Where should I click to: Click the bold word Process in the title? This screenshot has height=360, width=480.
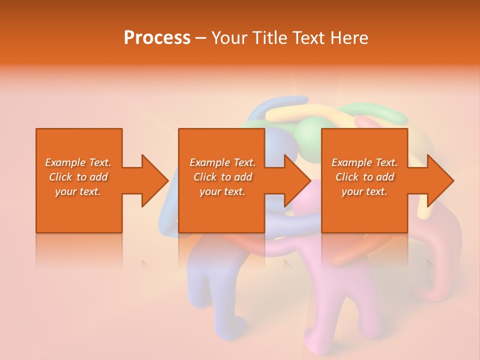[x=157, y=38]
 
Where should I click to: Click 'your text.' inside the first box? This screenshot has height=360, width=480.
[x=78, y=191]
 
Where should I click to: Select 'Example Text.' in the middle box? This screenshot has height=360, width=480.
[x=222, y=162]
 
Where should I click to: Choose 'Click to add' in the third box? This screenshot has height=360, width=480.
[x=364, y=177]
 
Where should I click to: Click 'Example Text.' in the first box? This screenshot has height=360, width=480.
[x=78, y=162]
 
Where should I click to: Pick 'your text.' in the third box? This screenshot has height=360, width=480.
[x=364, y=191]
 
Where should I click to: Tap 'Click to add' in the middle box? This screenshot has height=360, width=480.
[x=222, y=177]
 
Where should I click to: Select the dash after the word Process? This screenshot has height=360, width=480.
[x=201, y=38]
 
